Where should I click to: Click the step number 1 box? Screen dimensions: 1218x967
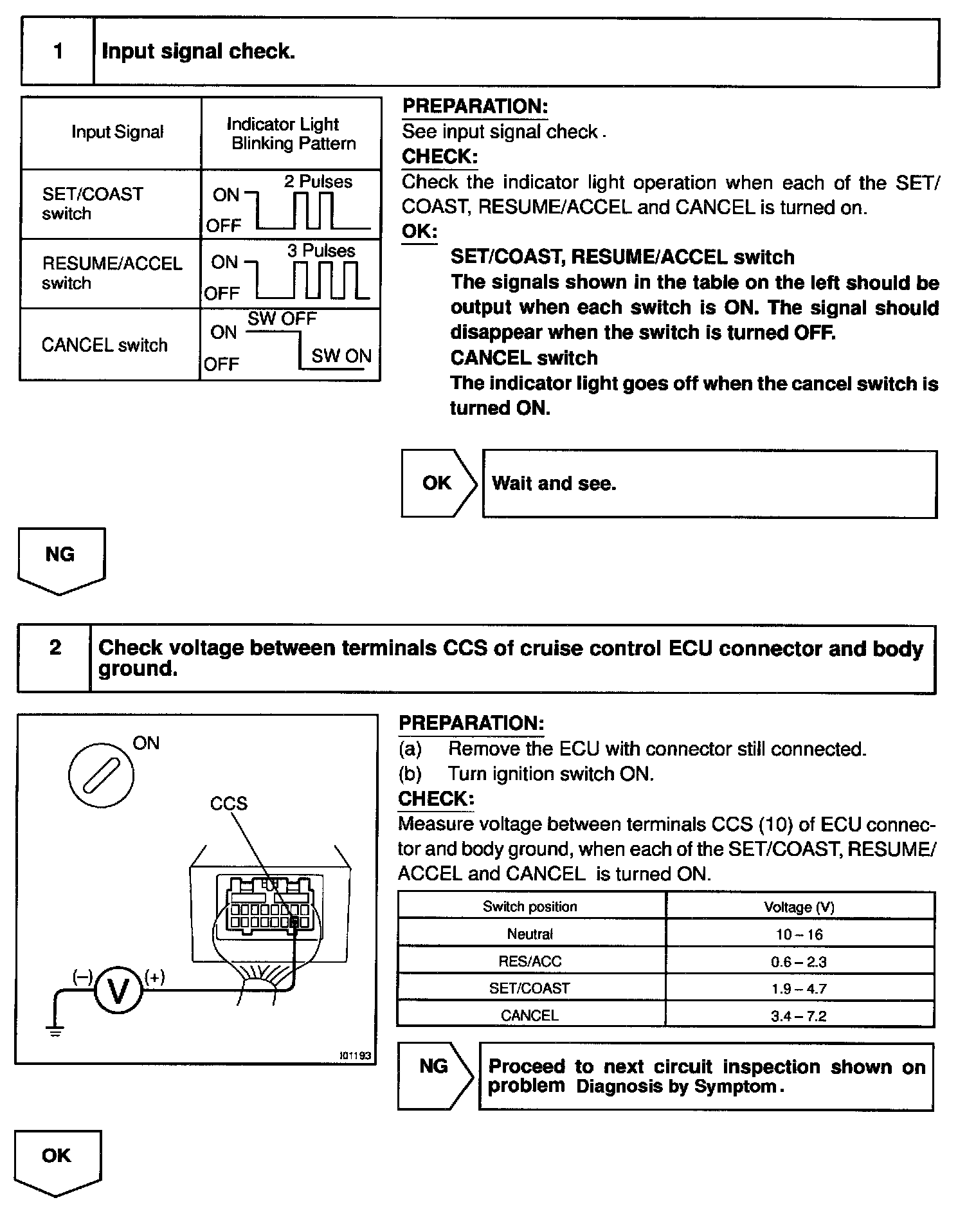[x=58, y=51]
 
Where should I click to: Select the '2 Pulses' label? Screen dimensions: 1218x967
[x=318, y=182]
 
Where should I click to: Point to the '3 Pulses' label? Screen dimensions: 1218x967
[x=321, y=251]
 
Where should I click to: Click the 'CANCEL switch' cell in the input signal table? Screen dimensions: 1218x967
[x=104, y=345]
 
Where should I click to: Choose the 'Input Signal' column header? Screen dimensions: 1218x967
[x=117, y=132]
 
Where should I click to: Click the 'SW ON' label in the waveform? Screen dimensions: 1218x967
[x=341, y=356]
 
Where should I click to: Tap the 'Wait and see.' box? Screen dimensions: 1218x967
[x=710, y=484]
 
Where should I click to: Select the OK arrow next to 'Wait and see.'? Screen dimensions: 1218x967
[x=438, y=484]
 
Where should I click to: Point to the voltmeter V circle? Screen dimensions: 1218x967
[x=118, y=991]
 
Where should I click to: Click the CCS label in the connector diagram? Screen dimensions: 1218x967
[x=228, y=804]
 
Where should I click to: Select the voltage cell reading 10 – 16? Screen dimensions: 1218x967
[x=799, y=934]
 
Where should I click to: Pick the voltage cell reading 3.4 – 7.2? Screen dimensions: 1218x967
[x=799, y=1016]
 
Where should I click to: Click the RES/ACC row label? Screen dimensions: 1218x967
[x=530, y=961]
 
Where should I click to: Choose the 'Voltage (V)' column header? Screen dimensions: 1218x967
[x=799, y=907]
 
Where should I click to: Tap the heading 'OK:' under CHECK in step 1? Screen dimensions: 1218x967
[x=419, y=232]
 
